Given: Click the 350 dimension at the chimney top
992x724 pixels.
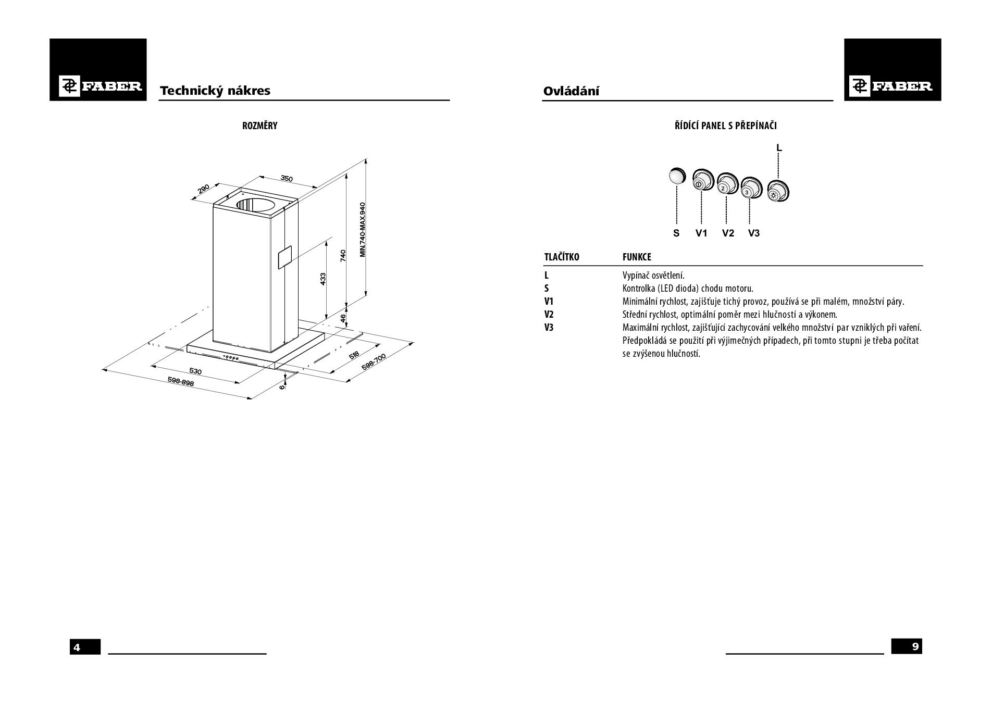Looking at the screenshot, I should tap(287, 179).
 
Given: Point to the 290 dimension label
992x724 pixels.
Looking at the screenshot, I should tap(204, 188).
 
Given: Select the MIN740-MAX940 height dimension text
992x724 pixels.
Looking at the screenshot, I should tap(363, 229).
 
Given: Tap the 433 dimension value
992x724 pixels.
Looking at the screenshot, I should tap(323, 279).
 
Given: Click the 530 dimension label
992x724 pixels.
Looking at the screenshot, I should tap(195, 371).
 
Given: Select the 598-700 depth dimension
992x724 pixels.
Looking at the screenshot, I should tap(374, 362).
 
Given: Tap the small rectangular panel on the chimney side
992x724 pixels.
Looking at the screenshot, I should tap(284, 257).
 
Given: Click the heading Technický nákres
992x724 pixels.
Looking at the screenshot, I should tap(215, 91).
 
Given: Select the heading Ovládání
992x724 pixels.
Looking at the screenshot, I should tap(571, 91).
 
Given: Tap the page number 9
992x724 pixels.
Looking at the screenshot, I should tap(915, 646).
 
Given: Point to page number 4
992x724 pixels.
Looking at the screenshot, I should tap(77, 647).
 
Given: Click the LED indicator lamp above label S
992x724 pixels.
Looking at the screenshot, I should tap(677, 176).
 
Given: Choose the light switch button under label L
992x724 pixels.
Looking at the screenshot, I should tap(778, 191).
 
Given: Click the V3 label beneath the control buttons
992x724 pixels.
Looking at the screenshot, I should tap(753, 233).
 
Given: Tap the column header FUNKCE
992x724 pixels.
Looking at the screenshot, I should tap(637, 257).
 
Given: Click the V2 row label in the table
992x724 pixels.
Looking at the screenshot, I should tap(549, 315).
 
